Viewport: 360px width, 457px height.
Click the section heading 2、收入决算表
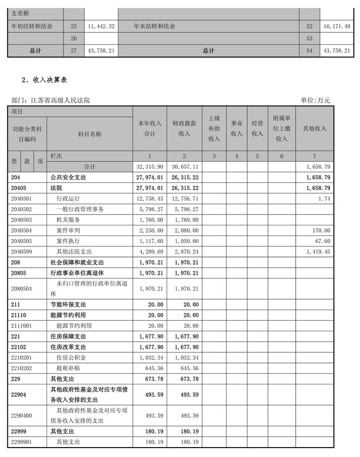[44, 80]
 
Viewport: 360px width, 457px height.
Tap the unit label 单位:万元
[315, 100]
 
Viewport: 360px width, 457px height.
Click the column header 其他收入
[315, 129]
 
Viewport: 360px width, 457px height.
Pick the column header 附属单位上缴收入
[282, 129]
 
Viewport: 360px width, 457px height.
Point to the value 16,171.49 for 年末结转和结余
[335, 26]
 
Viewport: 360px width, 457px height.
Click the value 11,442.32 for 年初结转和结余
[101, 26]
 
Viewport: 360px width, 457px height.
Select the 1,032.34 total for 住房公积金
[149, 357]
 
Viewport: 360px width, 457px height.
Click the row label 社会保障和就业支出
[76, 261]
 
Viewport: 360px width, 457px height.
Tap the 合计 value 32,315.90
[149, 166]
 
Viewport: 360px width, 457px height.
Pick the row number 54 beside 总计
[309, 50]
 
